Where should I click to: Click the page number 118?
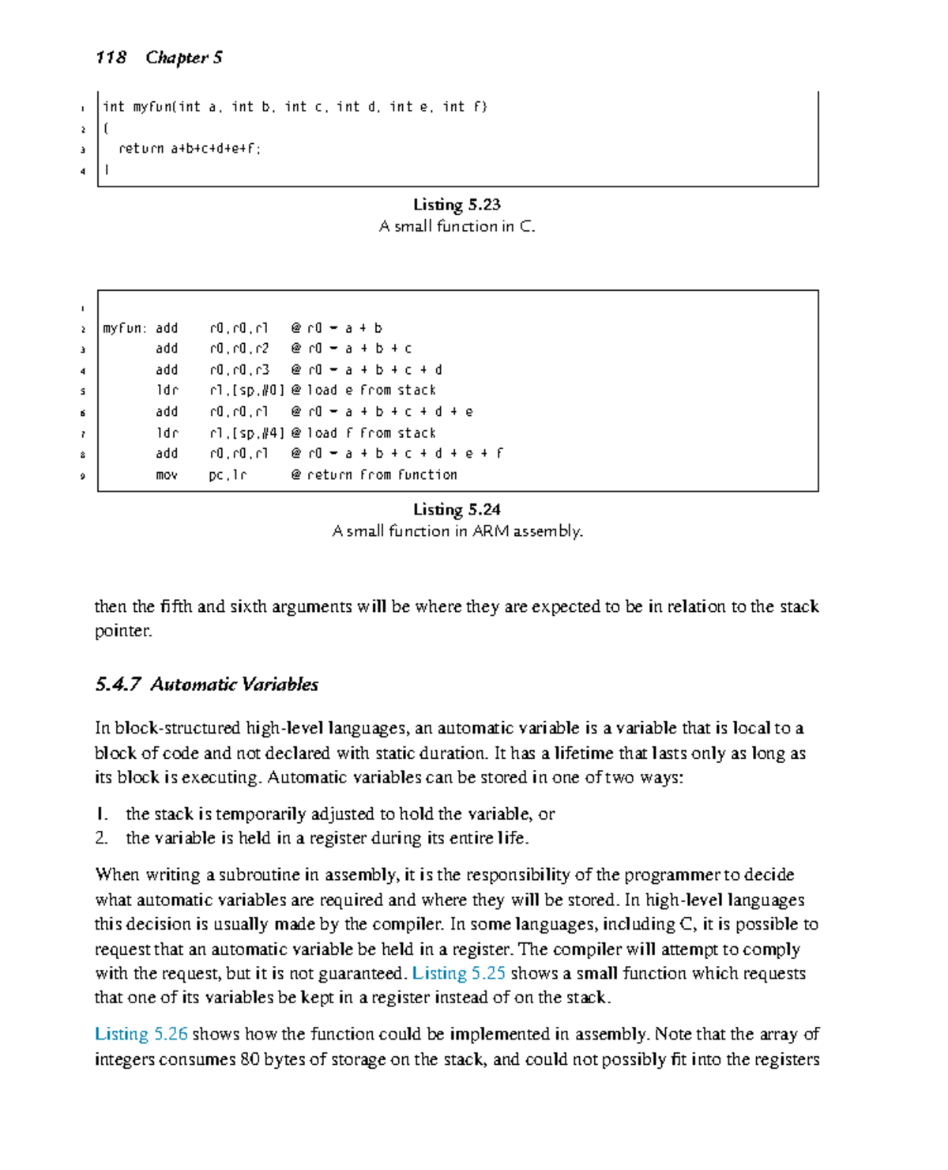(x=111, y=58)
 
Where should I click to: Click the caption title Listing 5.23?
(x=457, y=205)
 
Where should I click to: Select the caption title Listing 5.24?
(x=457, y=510)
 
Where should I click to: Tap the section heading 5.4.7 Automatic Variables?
(x=207, y=685)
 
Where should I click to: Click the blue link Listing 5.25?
(x=458, y=973)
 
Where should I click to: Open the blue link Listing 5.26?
(x=141, y=1034)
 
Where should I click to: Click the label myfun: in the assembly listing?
(x=124, y=328)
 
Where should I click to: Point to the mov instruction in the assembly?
(x=167, y=475)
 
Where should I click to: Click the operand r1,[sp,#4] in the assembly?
(x=246, y=433)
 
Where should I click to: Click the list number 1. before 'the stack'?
(x=101, y=814)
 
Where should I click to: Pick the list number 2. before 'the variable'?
(x=101, y=838)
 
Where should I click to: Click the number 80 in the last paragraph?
(x=250, y=1059)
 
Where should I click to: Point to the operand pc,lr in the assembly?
(x=228, y=475)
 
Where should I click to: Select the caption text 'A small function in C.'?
(x=457, y=227)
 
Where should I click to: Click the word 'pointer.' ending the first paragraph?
(x=123, y=632)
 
